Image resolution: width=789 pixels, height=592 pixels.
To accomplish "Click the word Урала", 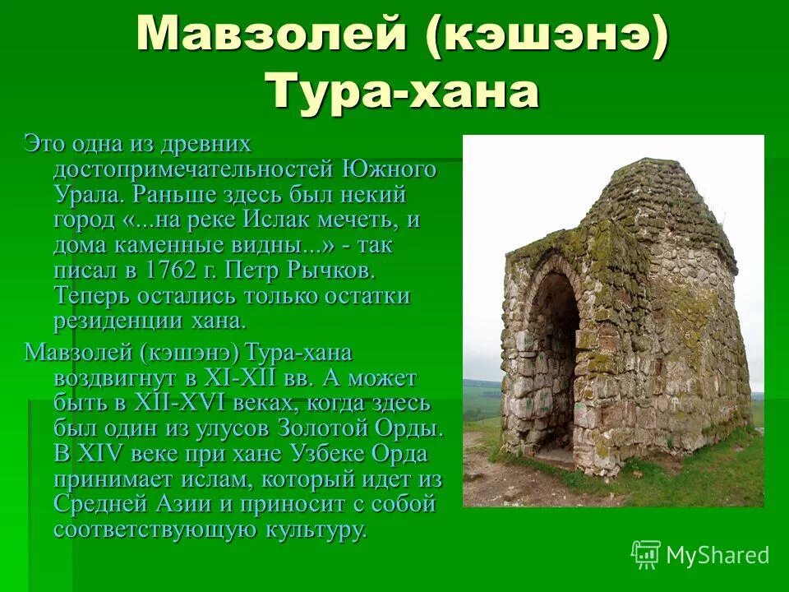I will coord(87,196).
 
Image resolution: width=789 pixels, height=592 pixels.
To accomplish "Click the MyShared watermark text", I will coord(717,555).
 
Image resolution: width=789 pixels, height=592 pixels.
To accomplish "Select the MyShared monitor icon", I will coord(645,555).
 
